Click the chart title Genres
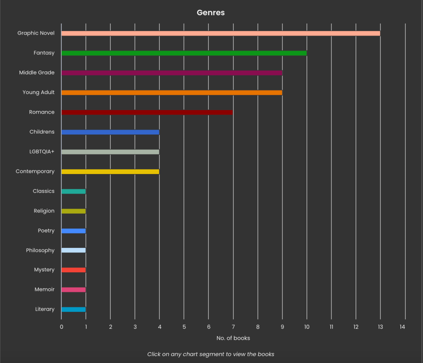[211, 13]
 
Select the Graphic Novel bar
[221, 33]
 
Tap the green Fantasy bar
[184, 53]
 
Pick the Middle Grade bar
[172, 73]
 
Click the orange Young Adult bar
[172, 92]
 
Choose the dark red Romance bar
[147, 112]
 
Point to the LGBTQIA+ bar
[110, 152]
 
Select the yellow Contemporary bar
[110, 172]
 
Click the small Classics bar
[74, 191]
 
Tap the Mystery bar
[74, 270]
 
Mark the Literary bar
[74, 309]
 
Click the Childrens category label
[42, 132]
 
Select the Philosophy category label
[40, 250]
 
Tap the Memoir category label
[44, 290]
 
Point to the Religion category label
[44, 211]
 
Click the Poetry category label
[46, 231]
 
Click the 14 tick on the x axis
[402, 327]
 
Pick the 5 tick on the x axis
[184, 327]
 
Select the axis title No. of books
[233, 338]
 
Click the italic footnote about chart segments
[211, 354]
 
